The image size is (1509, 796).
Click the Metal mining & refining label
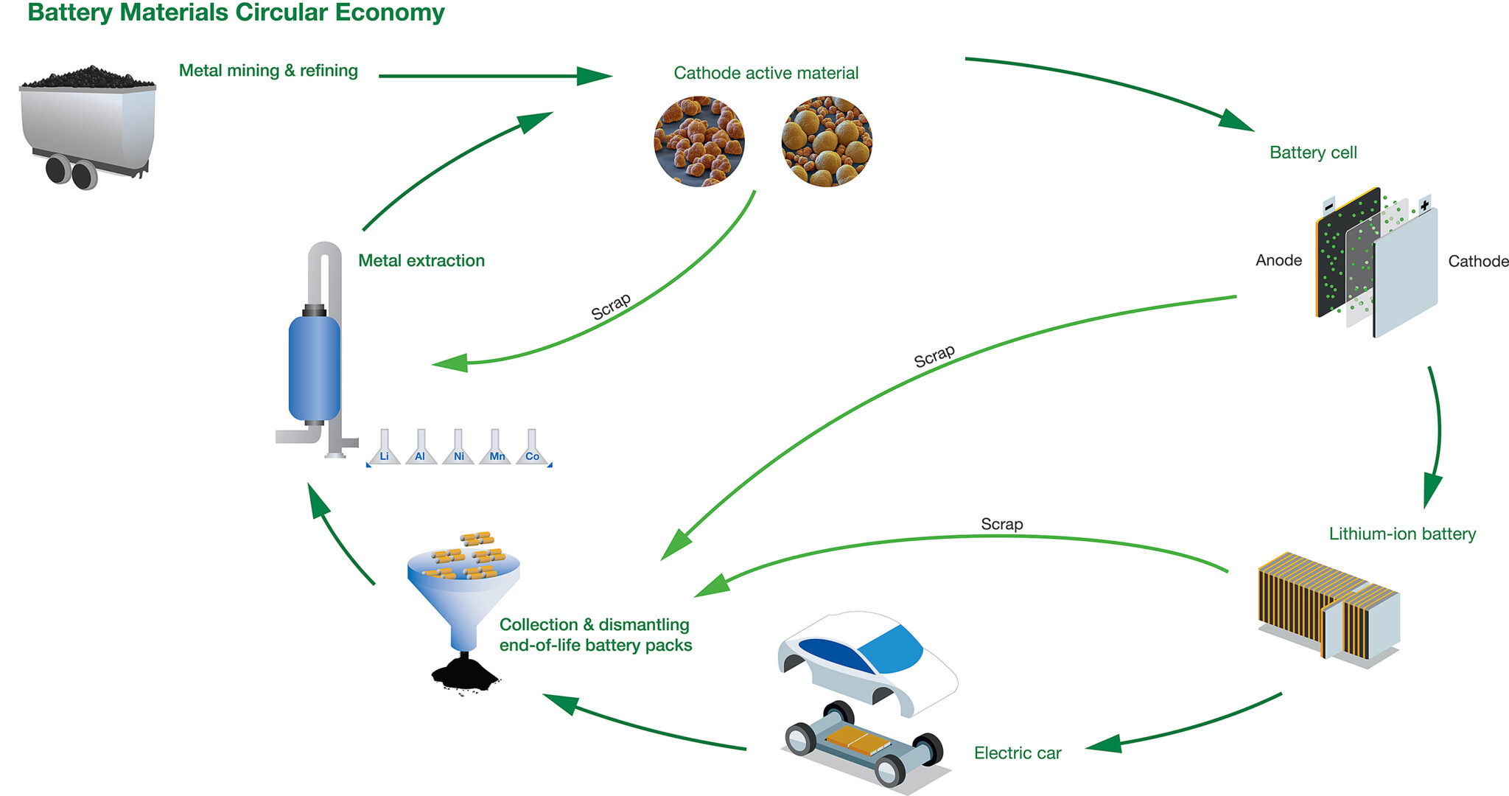point(268,71)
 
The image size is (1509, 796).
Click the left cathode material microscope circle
point(699,142)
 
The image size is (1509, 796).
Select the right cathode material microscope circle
point(826,142)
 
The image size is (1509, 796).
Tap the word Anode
point(1278,260)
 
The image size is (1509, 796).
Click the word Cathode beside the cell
point(1477,261)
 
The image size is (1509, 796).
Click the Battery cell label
point(1313,153)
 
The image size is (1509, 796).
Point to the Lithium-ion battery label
point(1402,534)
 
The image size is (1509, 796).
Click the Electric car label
point(1018,753)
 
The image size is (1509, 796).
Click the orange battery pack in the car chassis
point(857,738)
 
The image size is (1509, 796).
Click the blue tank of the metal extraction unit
point(315,369)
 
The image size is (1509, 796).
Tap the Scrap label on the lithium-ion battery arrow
point(1001,524)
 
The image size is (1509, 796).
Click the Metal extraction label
point(421,260)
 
